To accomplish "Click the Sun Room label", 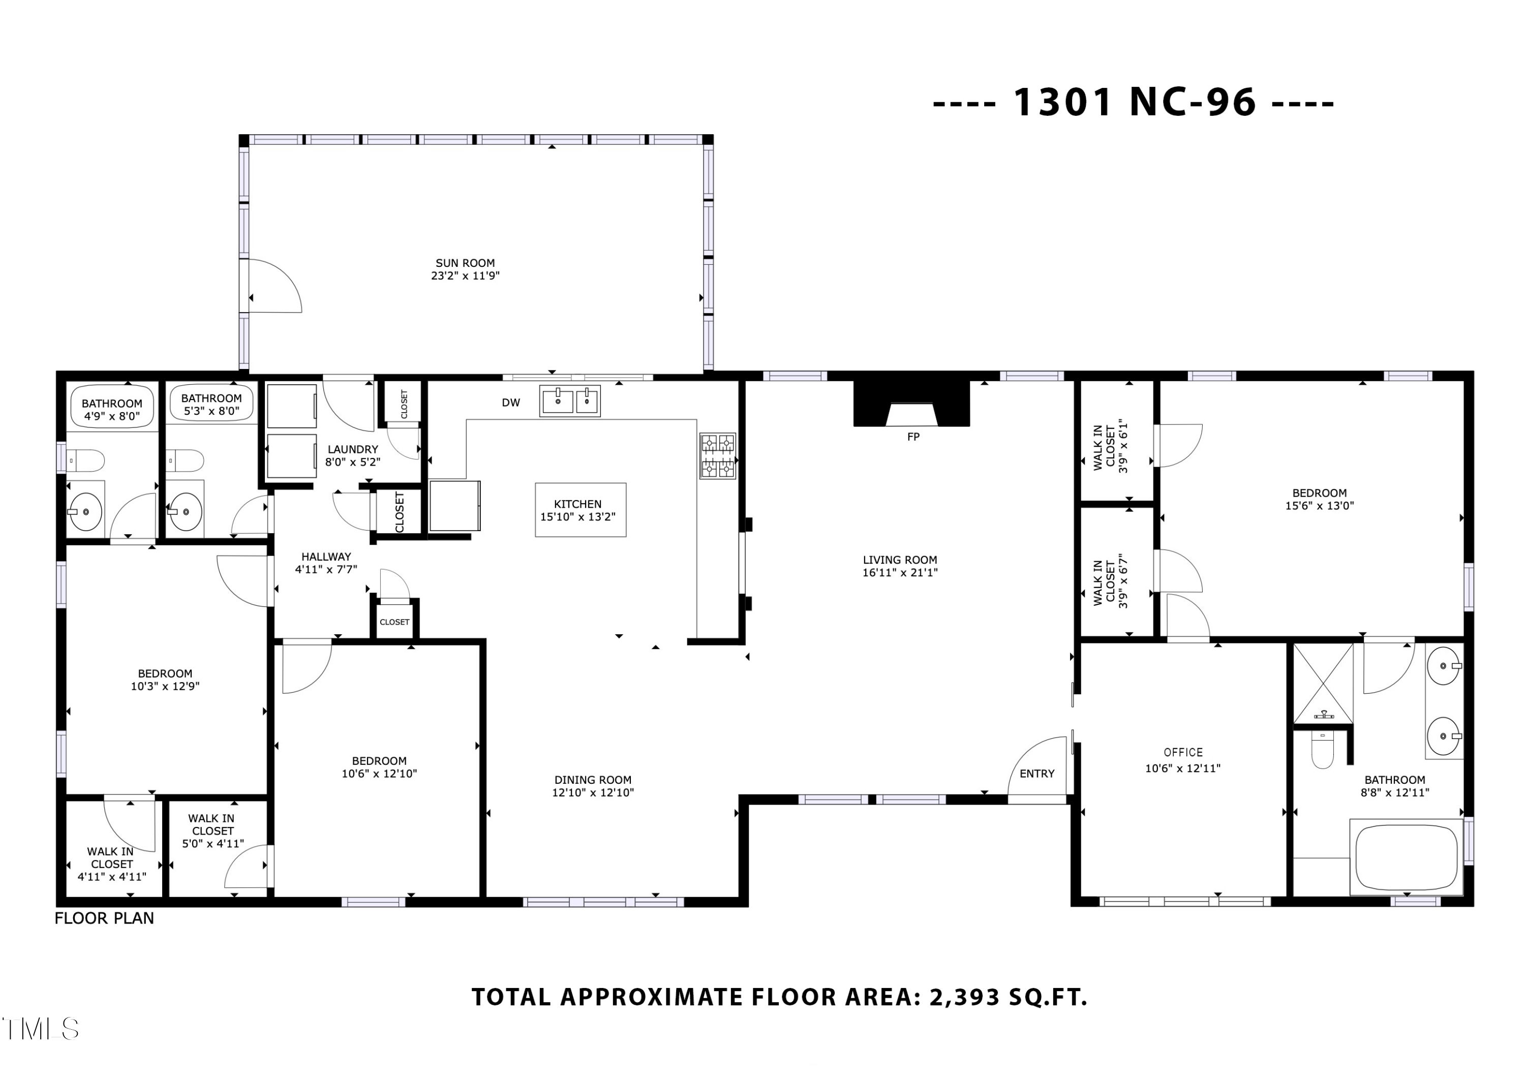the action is pos(465,263).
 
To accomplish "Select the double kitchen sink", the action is pos(570,401).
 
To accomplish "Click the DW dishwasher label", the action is pos(511,403).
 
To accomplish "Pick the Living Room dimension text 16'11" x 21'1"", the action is pos(900,572).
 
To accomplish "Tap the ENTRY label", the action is pos(1037,774).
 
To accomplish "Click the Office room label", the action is pos(1183,753).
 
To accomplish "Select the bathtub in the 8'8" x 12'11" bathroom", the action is pos(1406,857).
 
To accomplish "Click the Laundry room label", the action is pos(353,450).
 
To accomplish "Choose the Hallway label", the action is pos(326,557).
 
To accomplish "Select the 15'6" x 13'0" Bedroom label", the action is pos(1319,493).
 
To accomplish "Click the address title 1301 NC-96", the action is pos(1135,103).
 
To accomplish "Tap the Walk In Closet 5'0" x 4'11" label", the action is pos(212,831).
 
